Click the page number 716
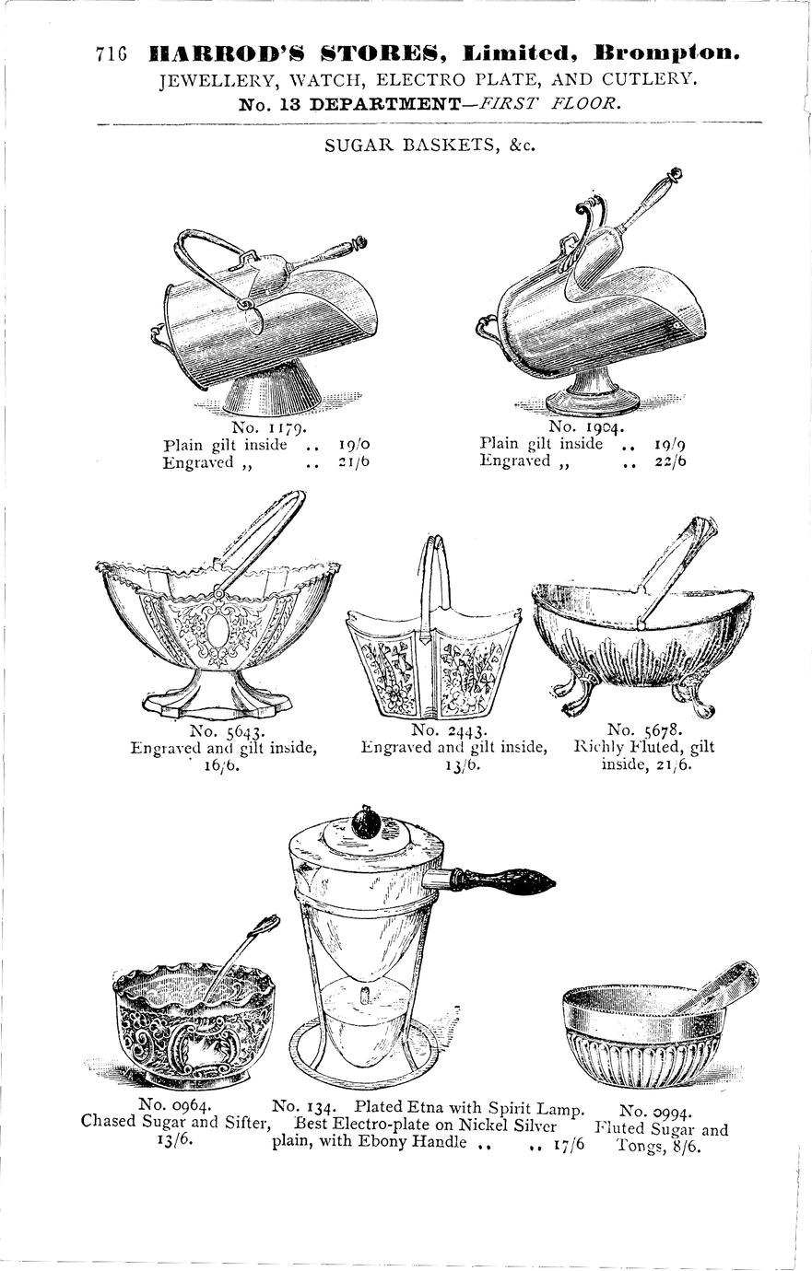(x=111, y=53)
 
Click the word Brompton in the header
(x=666, y=53)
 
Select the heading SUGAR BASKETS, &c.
(x=430, y=146)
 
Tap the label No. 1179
(x=270, y=426)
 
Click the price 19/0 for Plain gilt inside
(x=354, y=444)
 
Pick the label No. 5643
(x=226, y=729)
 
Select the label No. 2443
(x=449, y=729)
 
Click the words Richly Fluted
(x=629, y=746)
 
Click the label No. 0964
(x=175, y=1104)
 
